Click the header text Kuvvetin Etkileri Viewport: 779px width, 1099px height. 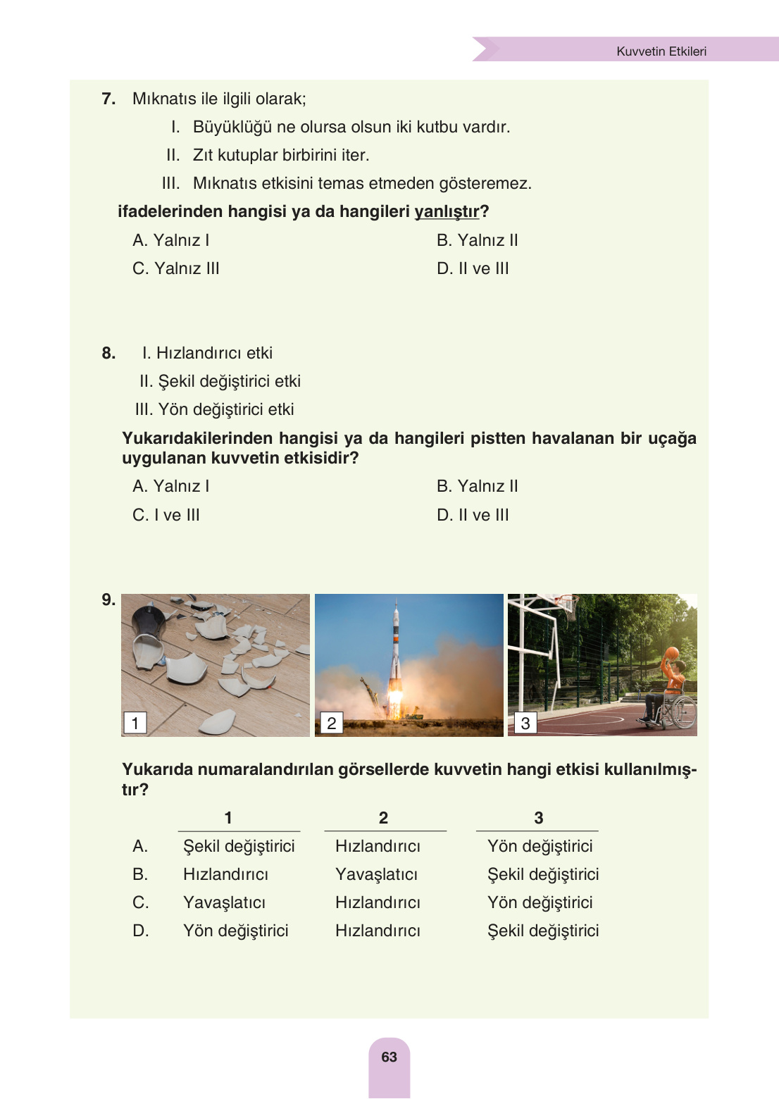661,51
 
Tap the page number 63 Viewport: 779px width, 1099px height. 389,1057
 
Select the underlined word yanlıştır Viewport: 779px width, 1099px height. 447,211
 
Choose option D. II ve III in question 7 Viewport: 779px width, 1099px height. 473,268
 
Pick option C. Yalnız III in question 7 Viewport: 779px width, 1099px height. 176,268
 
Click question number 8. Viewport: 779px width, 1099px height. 108,353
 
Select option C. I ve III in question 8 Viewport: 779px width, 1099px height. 166,515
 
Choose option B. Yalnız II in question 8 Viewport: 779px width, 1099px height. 477,486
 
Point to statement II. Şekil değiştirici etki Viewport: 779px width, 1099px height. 220,381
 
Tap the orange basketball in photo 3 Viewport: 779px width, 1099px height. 671,654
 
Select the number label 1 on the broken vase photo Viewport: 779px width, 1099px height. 135,723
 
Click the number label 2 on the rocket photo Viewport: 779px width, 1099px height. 331,723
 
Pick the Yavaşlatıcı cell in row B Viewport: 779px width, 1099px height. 376,874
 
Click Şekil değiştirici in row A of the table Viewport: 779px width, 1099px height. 239,846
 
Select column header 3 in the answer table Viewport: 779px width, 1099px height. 538,818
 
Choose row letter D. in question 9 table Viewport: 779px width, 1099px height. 140,931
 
